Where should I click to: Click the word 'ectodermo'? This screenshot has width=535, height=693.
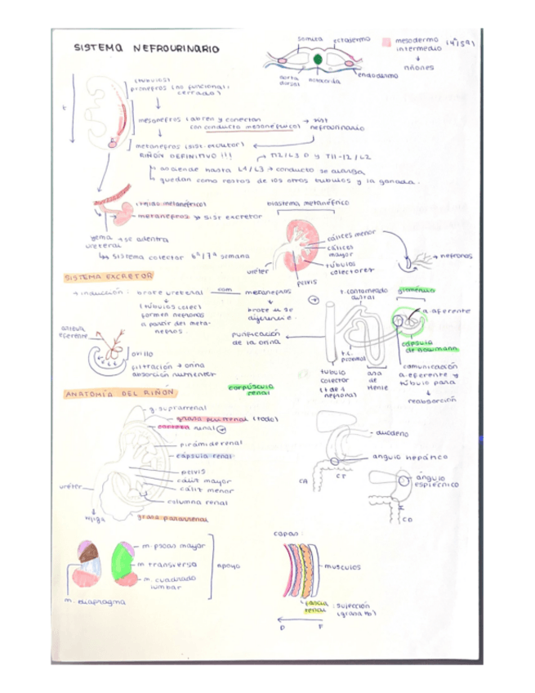pos(351,38)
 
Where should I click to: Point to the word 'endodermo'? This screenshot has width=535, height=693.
pos(377,75)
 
